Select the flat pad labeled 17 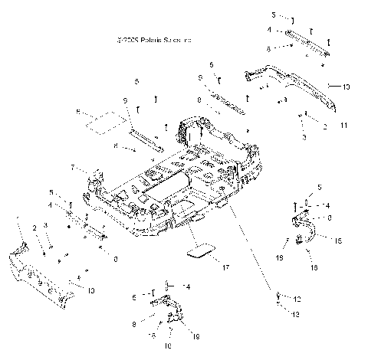click(x=202, y=251)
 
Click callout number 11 click(x=343, y=125)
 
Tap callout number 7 click(x=73, y=167)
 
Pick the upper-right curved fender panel click(x=295, y=84)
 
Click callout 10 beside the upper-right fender click(x=346, y=87)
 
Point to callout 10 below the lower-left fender click(x=90, y=291)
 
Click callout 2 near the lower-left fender click(x=34, y=228)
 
